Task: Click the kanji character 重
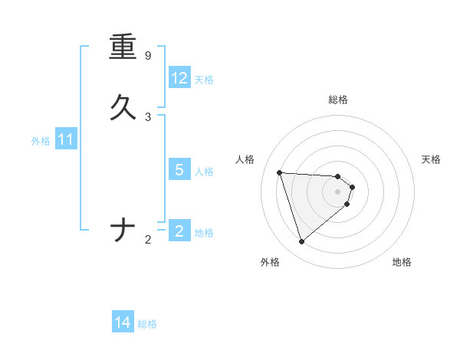[123, 47]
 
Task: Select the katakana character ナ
[123, 230]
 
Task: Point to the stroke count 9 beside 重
[148, 56]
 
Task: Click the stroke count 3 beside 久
[148, 117]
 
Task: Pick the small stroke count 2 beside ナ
[148, 240]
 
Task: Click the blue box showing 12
[179, 78]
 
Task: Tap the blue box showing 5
[179, 170]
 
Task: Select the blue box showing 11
[66, 140]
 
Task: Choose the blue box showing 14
[123, 322]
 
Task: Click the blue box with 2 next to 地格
[179, 231]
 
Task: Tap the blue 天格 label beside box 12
[204, 79]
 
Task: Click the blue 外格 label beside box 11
[41, 141]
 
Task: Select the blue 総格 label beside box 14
[147, 324]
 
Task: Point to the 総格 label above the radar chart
[338, 100]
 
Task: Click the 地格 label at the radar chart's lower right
[402, 262]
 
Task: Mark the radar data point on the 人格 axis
[280, 172]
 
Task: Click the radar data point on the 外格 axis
[301, 242]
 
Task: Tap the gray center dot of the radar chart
[338, 202]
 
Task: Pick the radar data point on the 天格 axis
[353, 187]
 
